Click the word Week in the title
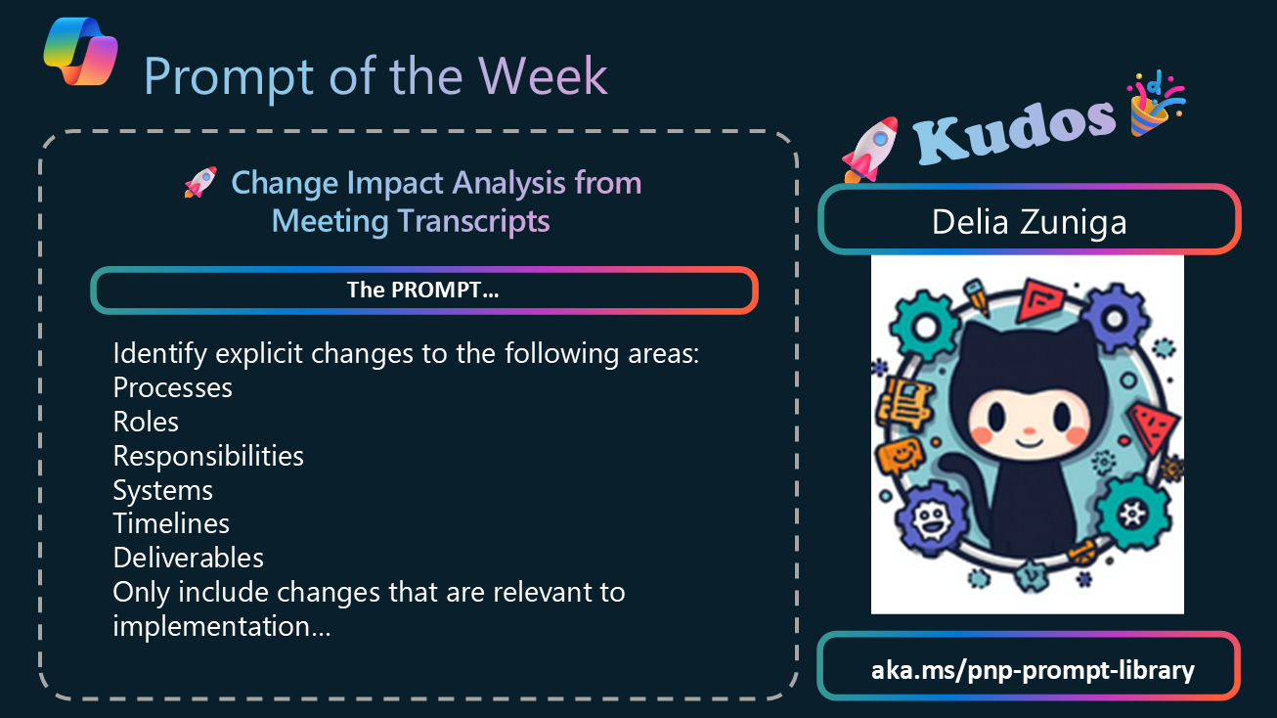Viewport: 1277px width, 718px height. (543, 76)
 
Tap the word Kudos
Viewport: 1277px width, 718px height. (1015, 131)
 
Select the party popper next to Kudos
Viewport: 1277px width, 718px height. (1156, 105)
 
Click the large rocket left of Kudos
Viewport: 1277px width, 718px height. (870, 150)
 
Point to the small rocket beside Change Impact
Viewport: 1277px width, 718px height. (200, 182)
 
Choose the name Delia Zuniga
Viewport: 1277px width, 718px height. (1029, 222)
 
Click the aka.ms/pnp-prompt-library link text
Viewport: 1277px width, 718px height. (1033, 670)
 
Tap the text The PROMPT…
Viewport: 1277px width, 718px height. (423, 290)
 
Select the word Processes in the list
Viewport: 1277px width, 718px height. (173, 387)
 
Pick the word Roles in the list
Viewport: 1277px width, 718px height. (146, 422)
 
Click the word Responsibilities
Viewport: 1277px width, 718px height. (208, 456)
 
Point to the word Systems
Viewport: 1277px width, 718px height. (163, 490)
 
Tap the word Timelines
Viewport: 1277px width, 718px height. (171, 523)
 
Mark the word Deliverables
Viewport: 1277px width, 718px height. (188, 558)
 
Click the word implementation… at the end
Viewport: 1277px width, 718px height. (221, 627)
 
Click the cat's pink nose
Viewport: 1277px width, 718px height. (1029, 430)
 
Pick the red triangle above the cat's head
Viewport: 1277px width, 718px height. (1040, 298)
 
